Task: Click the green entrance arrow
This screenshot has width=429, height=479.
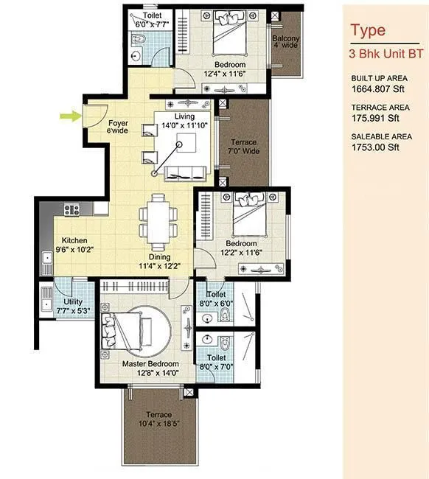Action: click(69, 115)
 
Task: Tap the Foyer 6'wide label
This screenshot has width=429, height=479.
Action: click(118, 127)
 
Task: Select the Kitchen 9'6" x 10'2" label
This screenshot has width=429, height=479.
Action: click(74, 245)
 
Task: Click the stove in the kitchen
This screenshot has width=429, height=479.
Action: click(71, 210)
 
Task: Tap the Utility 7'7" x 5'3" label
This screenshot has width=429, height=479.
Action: click(73, 307)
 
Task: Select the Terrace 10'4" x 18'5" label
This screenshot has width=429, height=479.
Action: click(158, 419)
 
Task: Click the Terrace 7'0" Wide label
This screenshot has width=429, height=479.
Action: click(243, 146)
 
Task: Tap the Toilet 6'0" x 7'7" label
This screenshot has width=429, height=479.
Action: click(153, 19)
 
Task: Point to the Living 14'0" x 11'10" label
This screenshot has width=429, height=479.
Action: click(184, 121)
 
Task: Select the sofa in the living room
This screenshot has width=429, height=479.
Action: click(184, 173)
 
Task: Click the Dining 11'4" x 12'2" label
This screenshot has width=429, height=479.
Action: click(160, 262)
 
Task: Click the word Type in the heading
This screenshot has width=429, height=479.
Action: click(367, 31)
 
